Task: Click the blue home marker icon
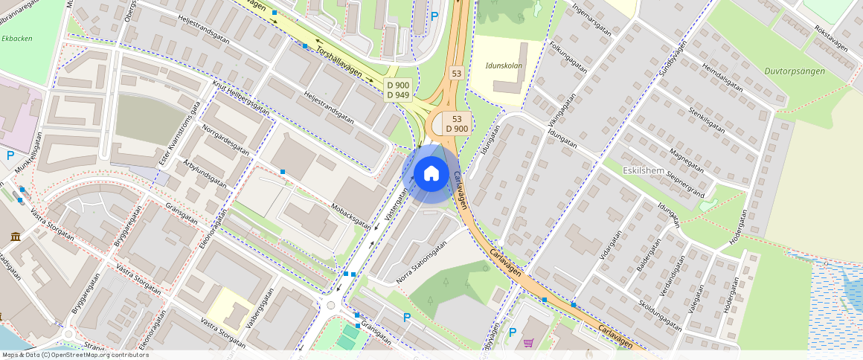coord(431,174)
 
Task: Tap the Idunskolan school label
coord(504,65)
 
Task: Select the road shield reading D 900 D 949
coord(398,90)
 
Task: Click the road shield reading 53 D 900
coord(457,123)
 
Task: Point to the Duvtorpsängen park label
coord(795,71)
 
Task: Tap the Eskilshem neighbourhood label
coord(644,170)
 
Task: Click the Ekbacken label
coord(17,38)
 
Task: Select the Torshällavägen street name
coord(339,62)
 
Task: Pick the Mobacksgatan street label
coord(350,213)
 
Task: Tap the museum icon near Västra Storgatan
coord(16,237)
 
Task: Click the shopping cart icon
coord(528,343)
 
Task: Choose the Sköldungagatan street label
coord(660,316)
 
